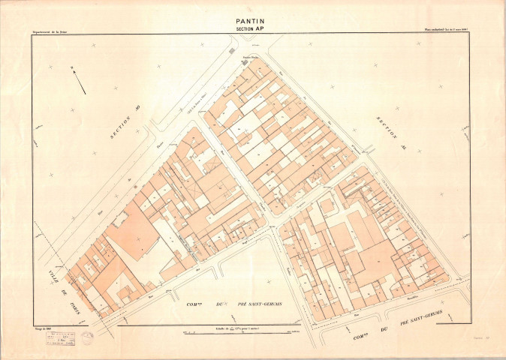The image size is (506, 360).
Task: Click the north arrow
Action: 77,79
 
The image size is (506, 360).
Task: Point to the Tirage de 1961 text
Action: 44,326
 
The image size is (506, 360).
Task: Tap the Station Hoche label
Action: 248,56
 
